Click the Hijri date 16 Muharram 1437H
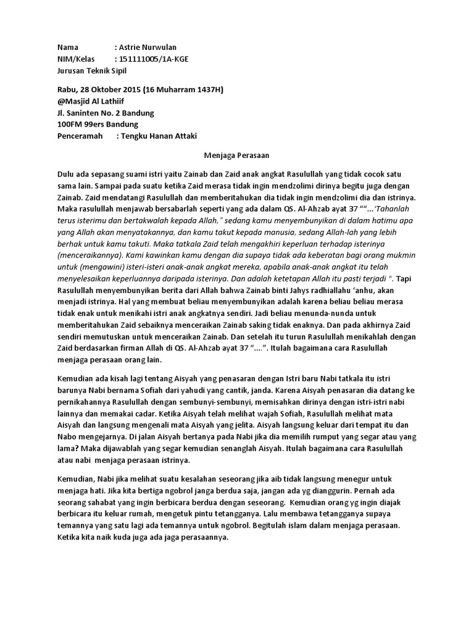(183, 90)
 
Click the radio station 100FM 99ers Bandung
(98, 124)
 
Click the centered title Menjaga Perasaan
(236, 157)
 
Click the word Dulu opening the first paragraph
(67, 175)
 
